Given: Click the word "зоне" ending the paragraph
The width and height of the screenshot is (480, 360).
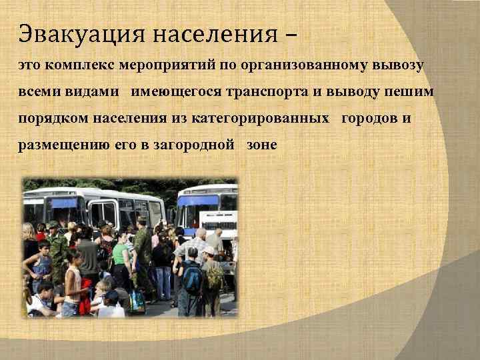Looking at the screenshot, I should (x=261, y=145).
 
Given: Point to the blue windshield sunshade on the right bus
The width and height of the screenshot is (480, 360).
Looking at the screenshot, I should (x=198, y=201).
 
